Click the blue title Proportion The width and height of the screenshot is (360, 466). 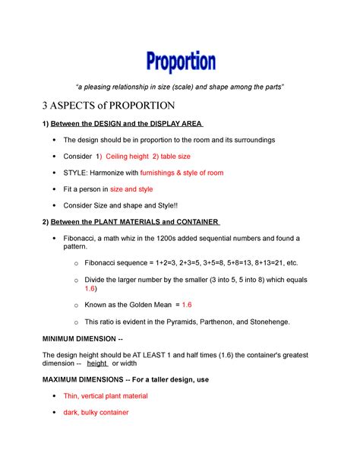click(180, 62)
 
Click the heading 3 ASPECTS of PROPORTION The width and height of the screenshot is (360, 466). click(109, 104)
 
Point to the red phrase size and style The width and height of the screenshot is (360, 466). click(131, 189)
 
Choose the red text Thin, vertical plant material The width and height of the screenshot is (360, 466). click(106, 396)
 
